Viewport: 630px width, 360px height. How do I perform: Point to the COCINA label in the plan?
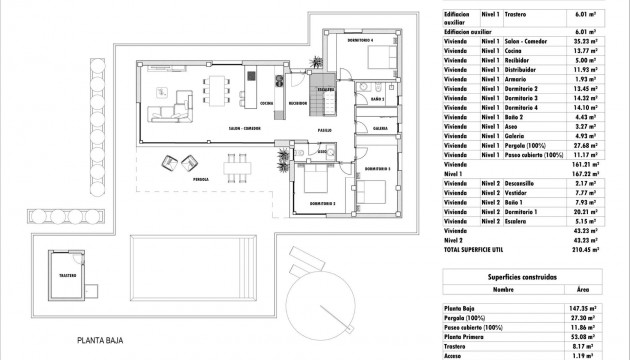click(266, 102)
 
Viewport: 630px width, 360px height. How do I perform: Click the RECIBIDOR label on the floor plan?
click(297, 102)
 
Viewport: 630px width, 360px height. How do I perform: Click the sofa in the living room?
click(166, 99)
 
